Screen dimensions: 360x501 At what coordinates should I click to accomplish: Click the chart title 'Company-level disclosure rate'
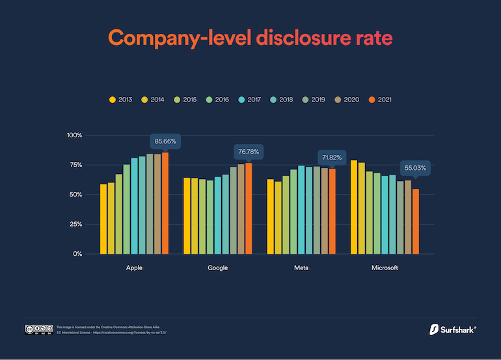click(251, 37)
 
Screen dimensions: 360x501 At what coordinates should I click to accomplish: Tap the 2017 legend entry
click(251, 100)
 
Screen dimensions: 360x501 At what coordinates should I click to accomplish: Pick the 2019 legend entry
click(315, 100)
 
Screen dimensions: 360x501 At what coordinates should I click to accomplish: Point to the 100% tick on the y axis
click(74, 135)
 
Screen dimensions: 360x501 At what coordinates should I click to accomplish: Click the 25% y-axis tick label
click(75, 224)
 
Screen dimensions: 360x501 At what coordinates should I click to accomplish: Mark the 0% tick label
click(77, 254)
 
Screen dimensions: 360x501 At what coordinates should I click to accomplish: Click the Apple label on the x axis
click(134, 268)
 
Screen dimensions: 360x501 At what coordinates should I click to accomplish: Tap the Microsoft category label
click(385, 268)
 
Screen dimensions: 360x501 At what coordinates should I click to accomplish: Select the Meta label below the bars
click(301, 268)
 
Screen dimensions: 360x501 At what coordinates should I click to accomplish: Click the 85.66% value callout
click(165, 141)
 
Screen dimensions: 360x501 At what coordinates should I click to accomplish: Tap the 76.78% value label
click(249, 152)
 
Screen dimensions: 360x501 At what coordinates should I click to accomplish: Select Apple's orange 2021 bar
click(165, 203)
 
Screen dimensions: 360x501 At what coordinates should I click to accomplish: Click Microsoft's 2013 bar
click(354, 207)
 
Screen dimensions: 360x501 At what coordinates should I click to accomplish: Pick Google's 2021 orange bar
click(249, 208)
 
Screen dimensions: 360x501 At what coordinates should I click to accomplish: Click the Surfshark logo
click(453, 329)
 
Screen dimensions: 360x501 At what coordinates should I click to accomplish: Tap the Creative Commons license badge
click(38, 329)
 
